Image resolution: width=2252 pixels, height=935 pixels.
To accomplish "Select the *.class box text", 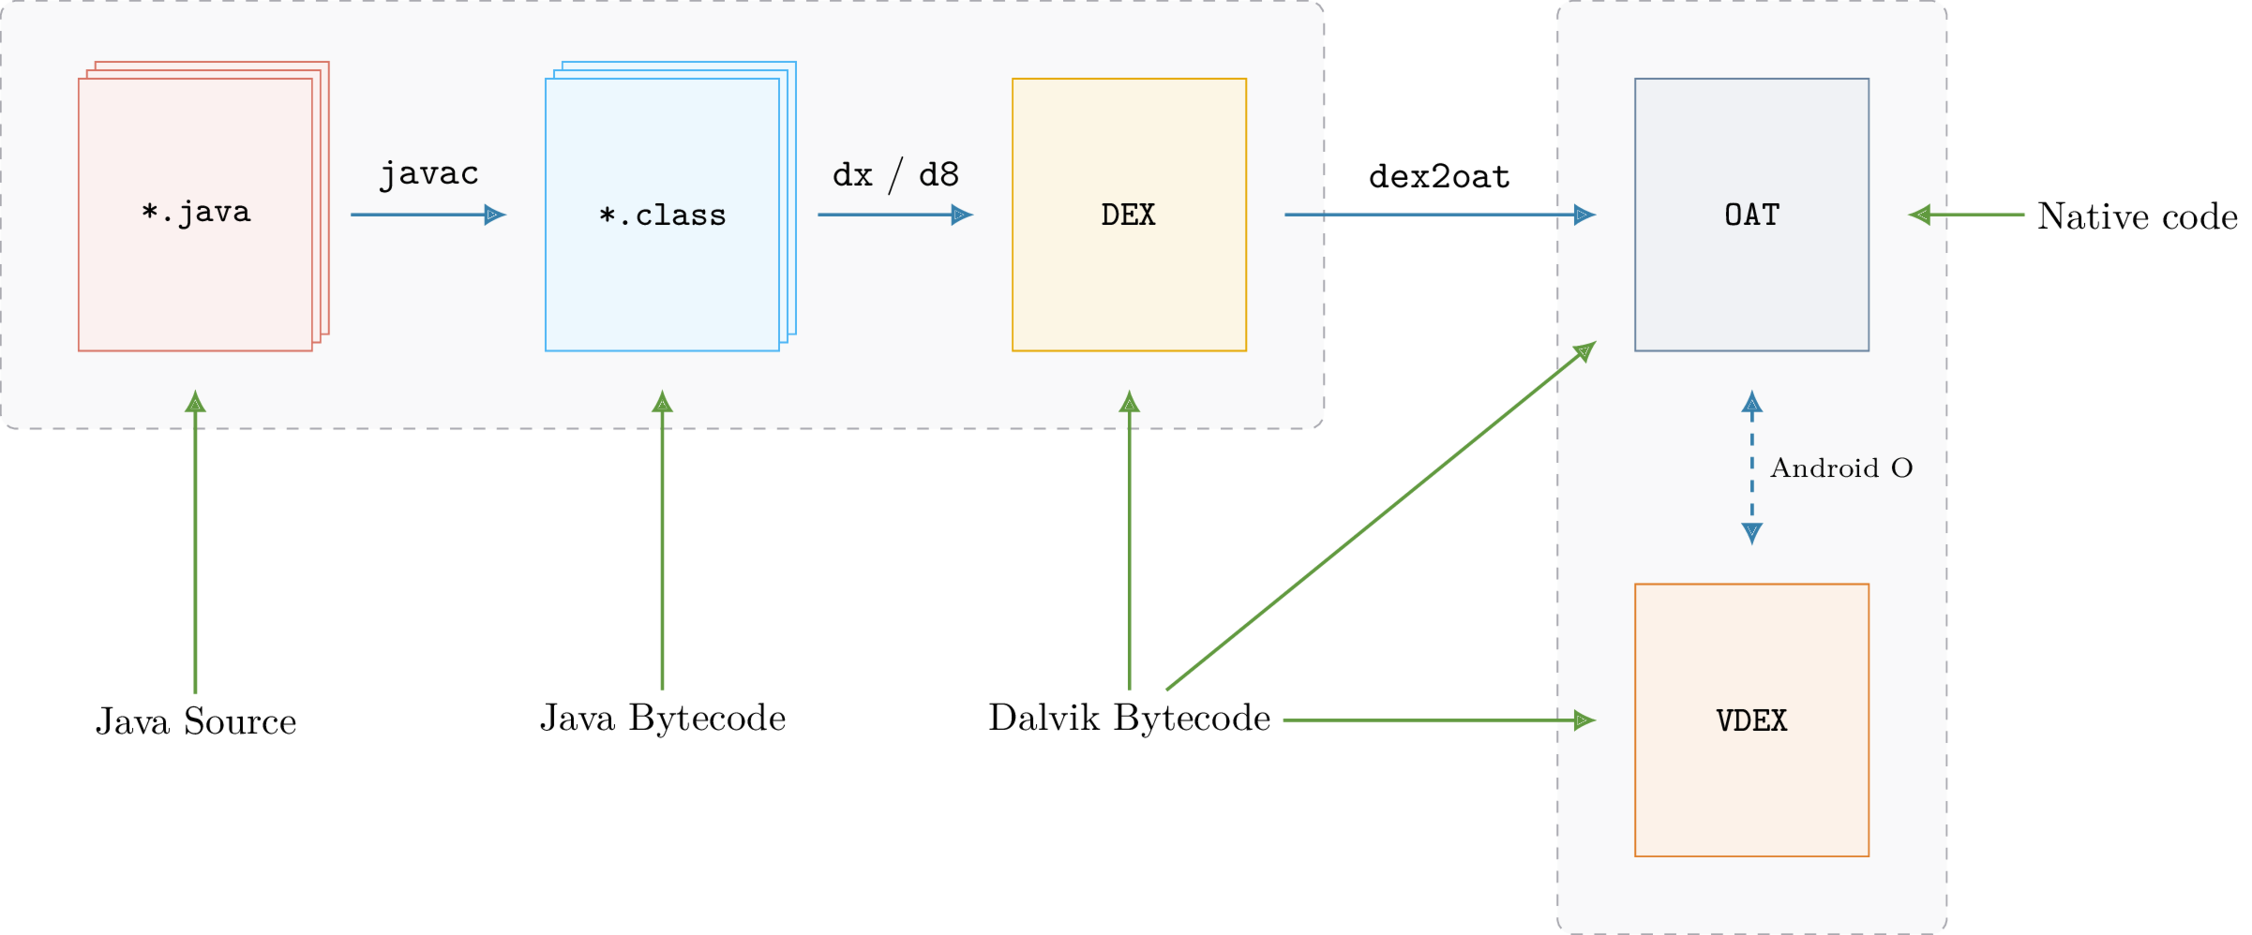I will pos(662,215).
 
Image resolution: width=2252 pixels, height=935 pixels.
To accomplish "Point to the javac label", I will pos(428,174).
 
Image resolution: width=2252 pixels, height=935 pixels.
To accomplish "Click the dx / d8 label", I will pos(895,175).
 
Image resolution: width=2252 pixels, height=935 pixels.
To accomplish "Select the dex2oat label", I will pos(1439,176).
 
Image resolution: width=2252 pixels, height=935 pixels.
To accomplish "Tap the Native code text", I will pos(2137,216).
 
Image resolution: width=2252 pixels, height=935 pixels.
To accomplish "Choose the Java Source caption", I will pos(196,721).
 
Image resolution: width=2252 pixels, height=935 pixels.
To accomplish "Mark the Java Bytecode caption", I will pos(662,717).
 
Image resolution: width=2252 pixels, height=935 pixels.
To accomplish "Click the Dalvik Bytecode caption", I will pos(1129,717).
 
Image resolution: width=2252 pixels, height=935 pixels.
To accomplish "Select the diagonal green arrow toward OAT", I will pos(1381,515).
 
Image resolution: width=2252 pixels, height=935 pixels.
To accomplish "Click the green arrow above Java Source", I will pos(195,542).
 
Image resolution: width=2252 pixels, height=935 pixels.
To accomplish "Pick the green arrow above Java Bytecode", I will pos(662,542).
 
